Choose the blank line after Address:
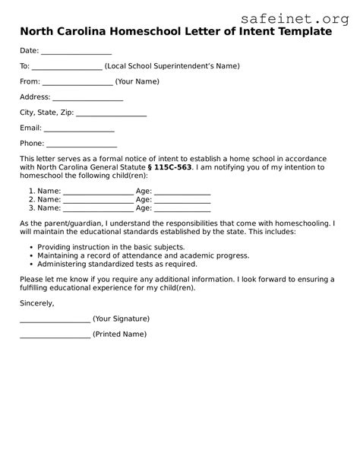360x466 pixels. pos(88,98)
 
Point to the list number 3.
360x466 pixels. pos(31,208)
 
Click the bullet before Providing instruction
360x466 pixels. pos(30,249)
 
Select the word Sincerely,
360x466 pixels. pos(37,303)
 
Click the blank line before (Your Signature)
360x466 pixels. pos(54,319)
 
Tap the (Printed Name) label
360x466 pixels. pos(119,334)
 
